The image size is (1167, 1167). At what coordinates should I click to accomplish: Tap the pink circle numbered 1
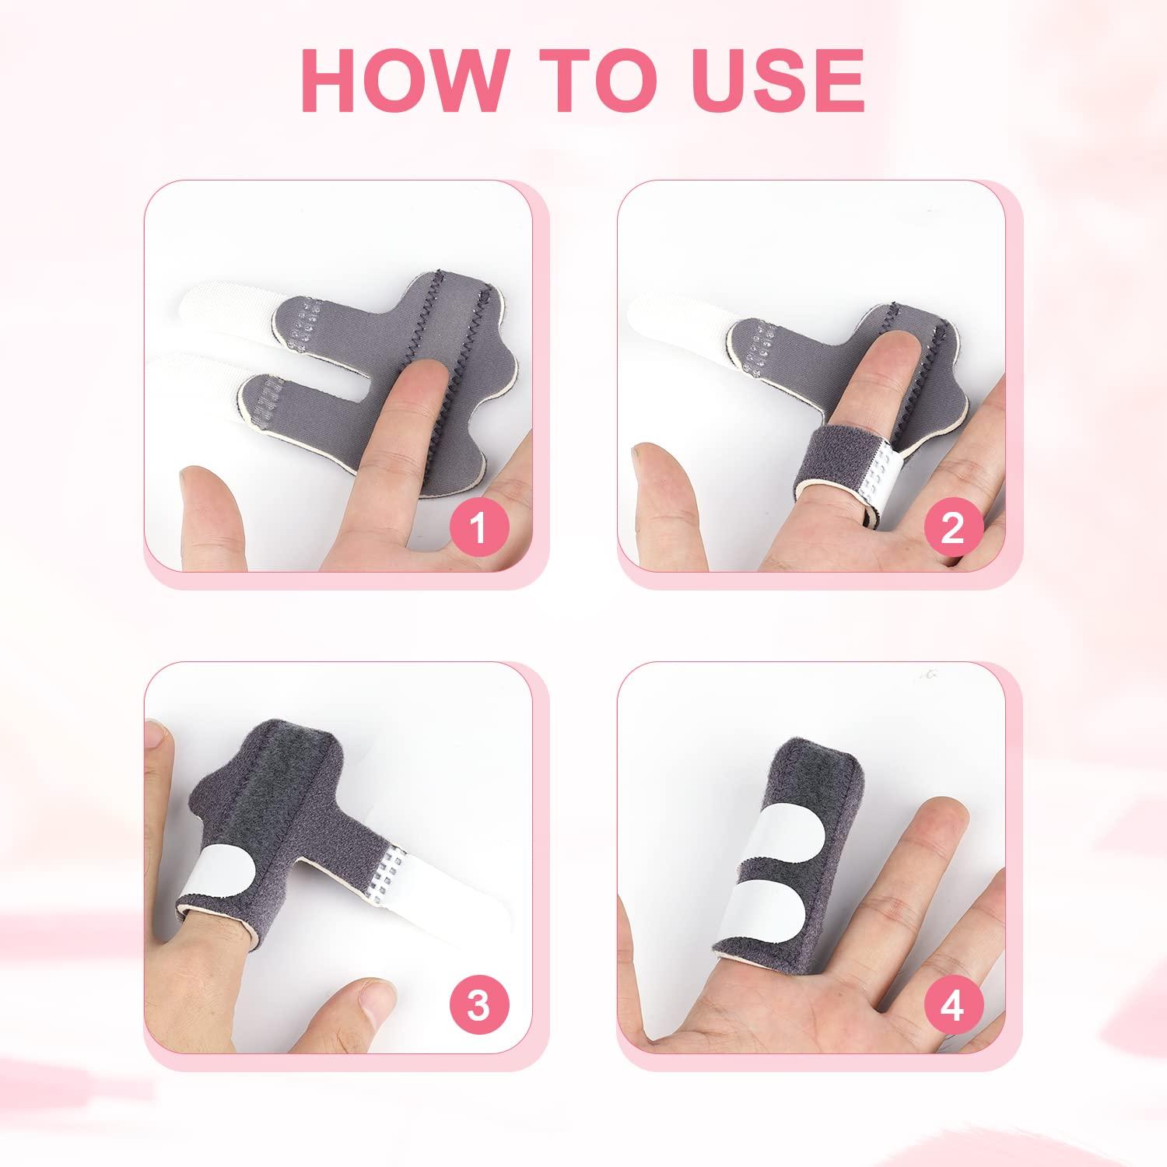click(x=478, y=528)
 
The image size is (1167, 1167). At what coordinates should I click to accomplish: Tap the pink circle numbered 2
click(x=951, y=528)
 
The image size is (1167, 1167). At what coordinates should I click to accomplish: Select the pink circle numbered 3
click(x=478, y=1006)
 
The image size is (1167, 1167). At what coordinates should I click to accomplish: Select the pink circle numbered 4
click(x=951, y=1006)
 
